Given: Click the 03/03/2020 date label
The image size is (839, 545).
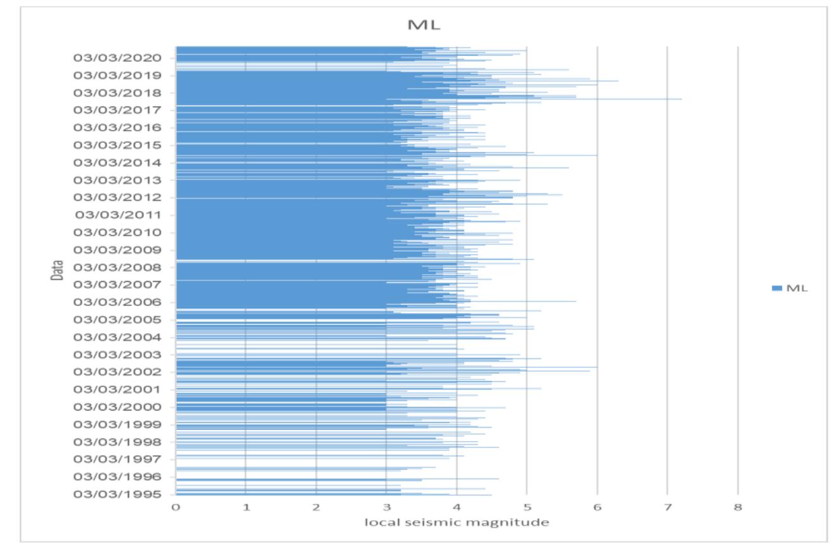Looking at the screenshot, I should [117, 58].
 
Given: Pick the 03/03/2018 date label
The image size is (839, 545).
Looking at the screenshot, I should [117, 93].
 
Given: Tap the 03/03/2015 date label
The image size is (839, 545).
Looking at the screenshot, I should [117, 145].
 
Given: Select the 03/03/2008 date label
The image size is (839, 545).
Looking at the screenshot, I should [117, 267].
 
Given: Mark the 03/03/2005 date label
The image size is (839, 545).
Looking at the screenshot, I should [117, 319].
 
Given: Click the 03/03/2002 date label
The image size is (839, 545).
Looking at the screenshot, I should [117, 372].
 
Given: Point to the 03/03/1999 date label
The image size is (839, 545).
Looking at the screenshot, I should [117, 424].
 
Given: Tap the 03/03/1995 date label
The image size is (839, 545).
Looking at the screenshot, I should [117, 494].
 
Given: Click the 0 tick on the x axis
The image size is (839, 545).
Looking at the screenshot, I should [176, 508].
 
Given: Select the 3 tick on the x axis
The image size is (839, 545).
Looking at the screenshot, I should [386, 508].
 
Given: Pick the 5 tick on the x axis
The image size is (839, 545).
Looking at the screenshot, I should [527, 508].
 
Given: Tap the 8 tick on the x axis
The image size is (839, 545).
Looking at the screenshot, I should [738, 508].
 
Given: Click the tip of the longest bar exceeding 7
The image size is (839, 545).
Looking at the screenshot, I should [681, 99].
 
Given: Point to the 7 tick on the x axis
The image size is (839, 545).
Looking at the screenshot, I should [667, 508].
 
